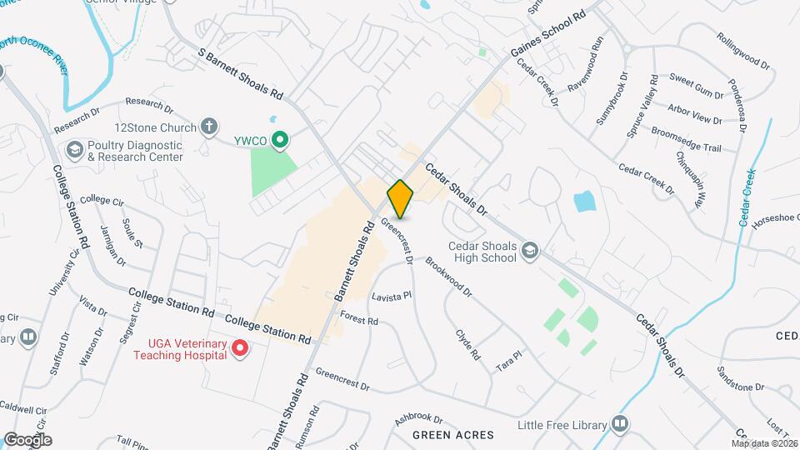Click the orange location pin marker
[x=400, y=198]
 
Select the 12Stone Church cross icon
[x=209, y=127]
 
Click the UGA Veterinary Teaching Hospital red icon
[x=240, y=347]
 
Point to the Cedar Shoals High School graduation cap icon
[x=529, y=251]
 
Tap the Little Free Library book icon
[x=620, y=424]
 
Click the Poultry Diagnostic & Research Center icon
[x=74, y=150]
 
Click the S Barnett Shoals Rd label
[x=241, y=75]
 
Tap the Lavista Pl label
[x=392, y=296]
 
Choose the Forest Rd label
[x=359, y=317]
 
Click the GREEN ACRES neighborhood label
[x=454, y=435]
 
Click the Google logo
[x=27, y=439]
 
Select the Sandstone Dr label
[x=741, y=387]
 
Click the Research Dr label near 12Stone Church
[x=149, y=105]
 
